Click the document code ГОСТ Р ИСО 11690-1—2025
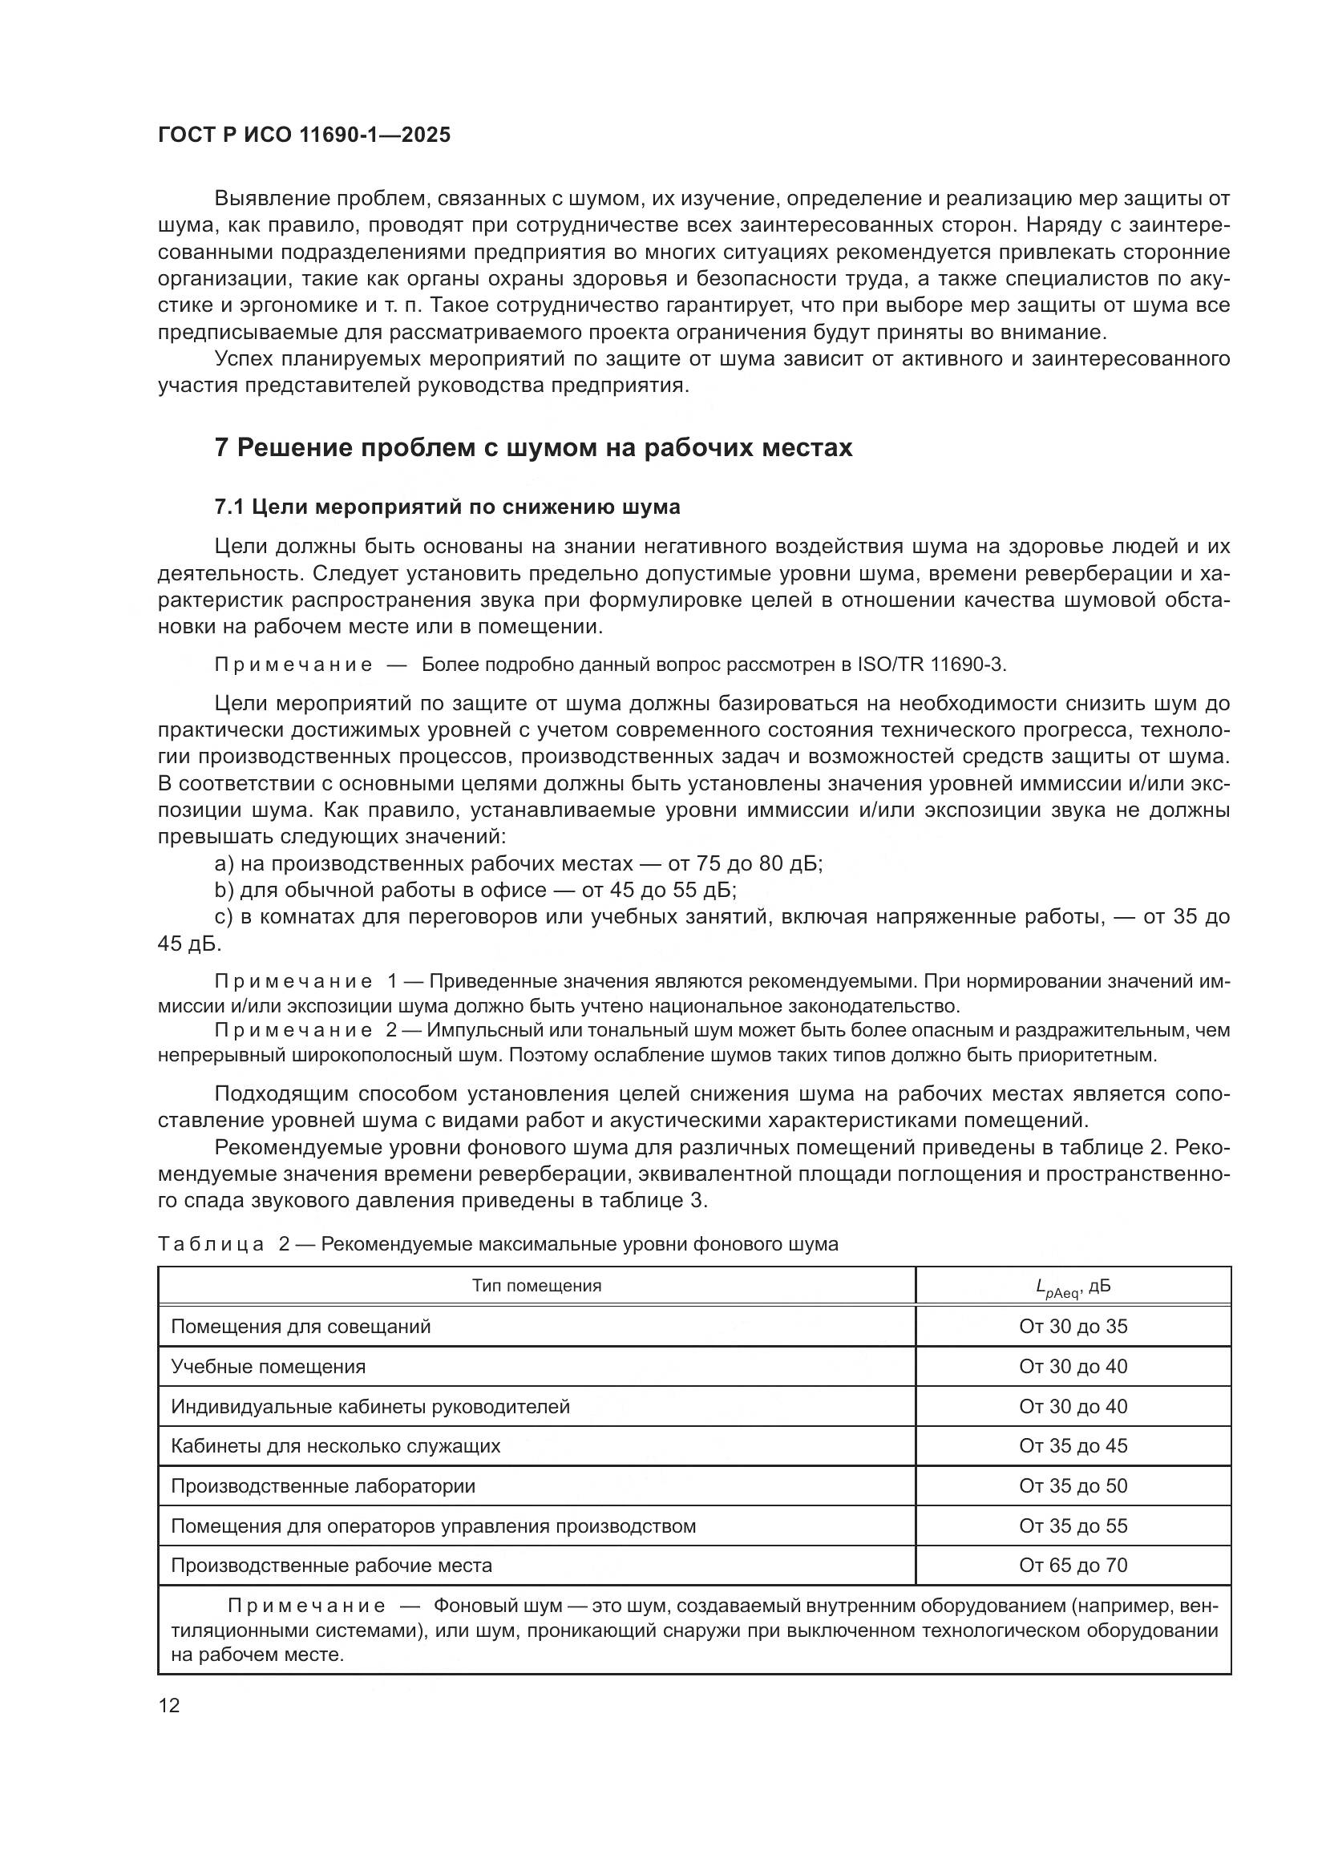pyautogui.click(x=304, y=135)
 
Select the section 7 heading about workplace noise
pyautogui.click(x=533, y=448)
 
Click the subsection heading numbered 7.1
pyautogui.click(x=447, y=507)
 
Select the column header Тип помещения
pyautogui.click(x=536, y=1286)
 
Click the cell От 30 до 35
pyautogui.click(x=1073, y=1327)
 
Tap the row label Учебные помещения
pyautogui.click(x=269, y=1367)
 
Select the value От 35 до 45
pyautogui.click(x=1073, y=1446)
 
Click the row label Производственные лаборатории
pyautogui.click(x=323, y=1486)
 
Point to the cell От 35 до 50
pyautogui.click(x=1073, y=1486)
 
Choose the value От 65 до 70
pyautogui.click(x=1073, y=1566)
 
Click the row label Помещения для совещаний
pyautogui.click(x=301, y=1327)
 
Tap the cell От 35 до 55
pyautogui.click(x=1073, y=1526)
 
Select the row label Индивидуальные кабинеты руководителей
pyautogui.click(x=370, y=1407)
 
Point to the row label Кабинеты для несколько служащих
pyautogui.click(x=336, y=1446)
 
